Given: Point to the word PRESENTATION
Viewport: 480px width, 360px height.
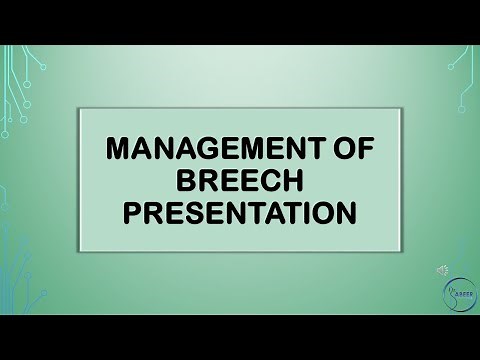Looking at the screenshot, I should click(239, 214).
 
